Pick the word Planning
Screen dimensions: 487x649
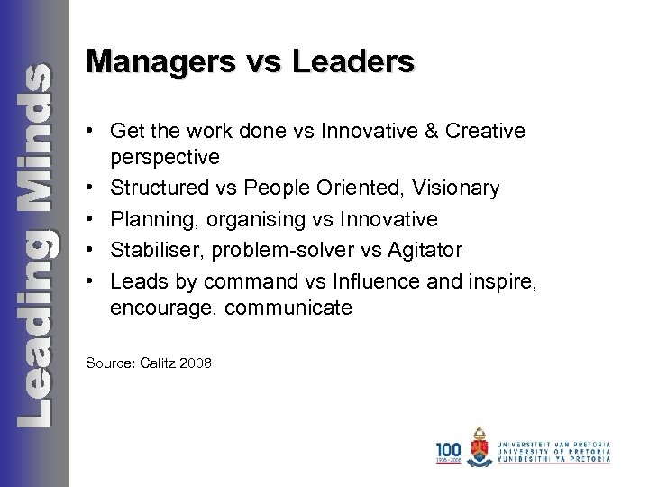[x=148, y=218]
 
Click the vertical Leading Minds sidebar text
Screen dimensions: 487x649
[x=35, y=243]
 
